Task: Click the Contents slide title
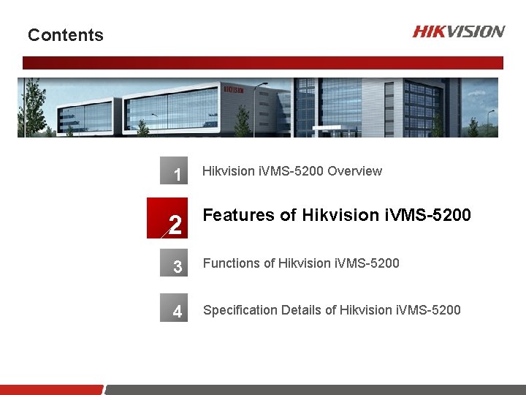[x=66, y=35]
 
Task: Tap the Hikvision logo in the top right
[x=458, y=31]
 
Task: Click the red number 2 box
[x=167, y=219]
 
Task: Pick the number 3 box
[x=175, y=265]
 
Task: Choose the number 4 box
[x=175, y=310]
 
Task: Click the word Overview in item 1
[x=354, y=171]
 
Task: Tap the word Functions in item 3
[x=231, y=263]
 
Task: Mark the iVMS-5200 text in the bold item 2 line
[x=427, y=215]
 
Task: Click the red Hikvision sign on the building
[x=234, y=89]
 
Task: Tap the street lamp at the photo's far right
[x=491, y=121]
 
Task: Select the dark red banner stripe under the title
[x=263, y=63]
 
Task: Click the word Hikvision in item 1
[x=229, y=171]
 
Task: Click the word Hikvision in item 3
[x=305, y=263]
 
